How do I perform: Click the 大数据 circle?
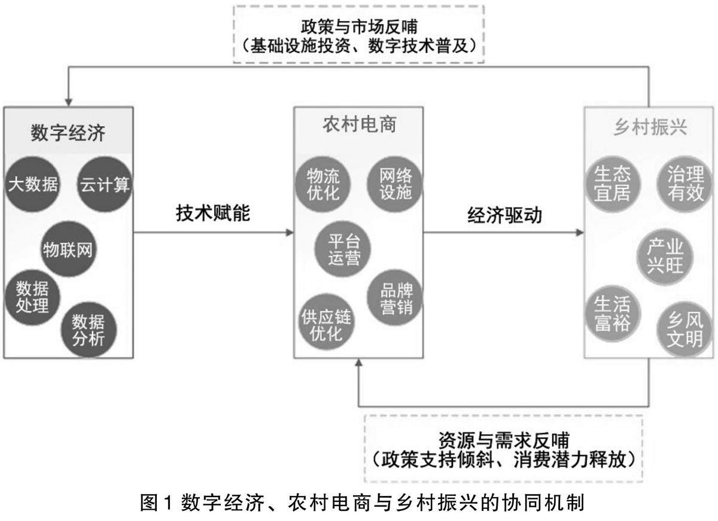(x=34, y=184)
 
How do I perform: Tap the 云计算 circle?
(x=105, y=184)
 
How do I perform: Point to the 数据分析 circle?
(x=89, y=330)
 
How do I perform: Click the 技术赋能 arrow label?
(x=213, y=214)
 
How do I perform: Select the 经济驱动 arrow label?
(x=506, y=215)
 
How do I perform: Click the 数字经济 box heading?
(x=68, y=132)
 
